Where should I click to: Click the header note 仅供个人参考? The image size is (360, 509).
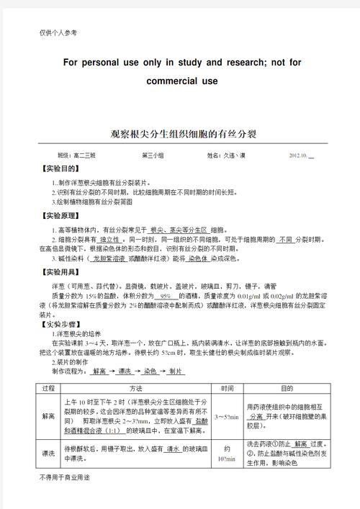click(58, 33)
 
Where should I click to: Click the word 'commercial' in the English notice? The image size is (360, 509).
click(171, 81)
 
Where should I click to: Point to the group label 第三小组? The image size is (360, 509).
click(153, 156)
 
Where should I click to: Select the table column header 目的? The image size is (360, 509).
click(287, 388)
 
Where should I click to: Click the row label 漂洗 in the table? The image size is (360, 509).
click(49, 454)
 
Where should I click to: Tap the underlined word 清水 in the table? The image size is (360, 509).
click(173, 449)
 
